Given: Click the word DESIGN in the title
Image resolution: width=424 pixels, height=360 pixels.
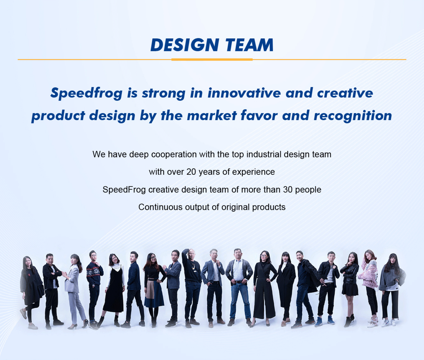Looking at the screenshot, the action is coord(185,45).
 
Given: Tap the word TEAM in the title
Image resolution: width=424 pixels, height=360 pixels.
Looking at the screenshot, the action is coord(249,45).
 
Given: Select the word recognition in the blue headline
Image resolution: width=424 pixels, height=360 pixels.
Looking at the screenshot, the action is coord(353,116).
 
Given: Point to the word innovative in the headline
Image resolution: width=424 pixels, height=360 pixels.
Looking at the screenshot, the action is coord(244,93).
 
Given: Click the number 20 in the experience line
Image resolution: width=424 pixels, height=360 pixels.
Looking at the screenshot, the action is coord(191,172).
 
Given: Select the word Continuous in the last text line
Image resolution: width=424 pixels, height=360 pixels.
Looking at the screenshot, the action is coord(160,207).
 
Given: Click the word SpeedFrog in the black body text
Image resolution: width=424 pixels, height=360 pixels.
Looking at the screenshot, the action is coord(124,189).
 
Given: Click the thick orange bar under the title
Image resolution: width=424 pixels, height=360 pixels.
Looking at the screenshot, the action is coord(212,60).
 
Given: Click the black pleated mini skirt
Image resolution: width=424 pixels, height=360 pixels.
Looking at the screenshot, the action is coord(350,289).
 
